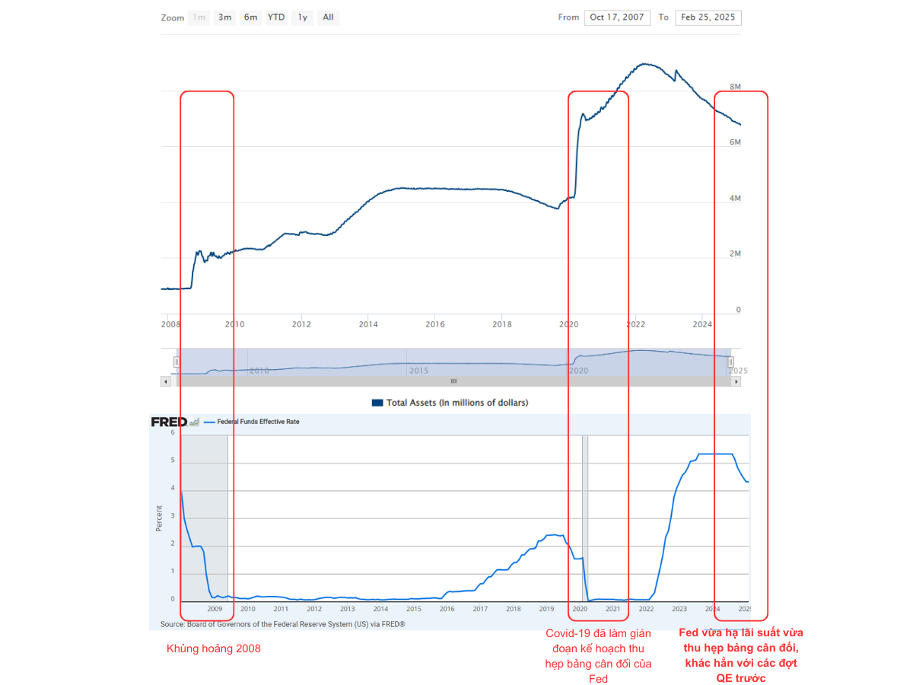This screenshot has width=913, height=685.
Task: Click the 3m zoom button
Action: coord(225,17)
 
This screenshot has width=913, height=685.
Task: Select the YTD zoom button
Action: coord(276,17)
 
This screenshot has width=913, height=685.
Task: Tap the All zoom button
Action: coord(328,17)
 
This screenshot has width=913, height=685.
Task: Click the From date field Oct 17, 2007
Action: coord(617,18)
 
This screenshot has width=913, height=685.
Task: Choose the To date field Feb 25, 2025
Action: coord(708,18)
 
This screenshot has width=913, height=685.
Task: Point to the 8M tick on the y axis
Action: coord(735,88)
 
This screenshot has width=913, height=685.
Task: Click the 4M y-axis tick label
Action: coord(735,199)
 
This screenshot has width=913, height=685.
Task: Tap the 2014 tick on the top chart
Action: coord(368,324)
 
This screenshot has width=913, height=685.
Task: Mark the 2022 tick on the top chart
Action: coord(635,324)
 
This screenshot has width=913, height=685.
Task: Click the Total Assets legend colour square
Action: coord(377,403)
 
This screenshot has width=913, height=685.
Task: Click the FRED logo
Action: coord(170,422)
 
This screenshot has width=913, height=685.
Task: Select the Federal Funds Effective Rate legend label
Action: coord(258,422)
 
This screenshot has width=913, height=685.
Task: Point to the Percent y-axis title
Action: coord(160,518)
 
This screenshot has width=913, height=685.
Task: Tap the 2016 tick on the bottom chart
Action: coord(447,609)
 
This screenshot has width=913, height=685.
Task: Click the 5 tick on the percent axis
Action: coord(173,460)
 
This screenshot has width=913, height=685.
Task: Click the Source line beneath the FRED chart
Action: coord(282,624)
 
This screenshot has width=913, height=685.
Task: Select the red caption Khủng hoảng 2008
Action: coord(214,649)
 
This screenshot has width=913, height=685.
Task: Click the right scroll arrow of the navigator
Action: coord(735,381)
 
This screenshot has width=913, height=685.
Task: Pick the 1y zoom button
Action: coord(303,17)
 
